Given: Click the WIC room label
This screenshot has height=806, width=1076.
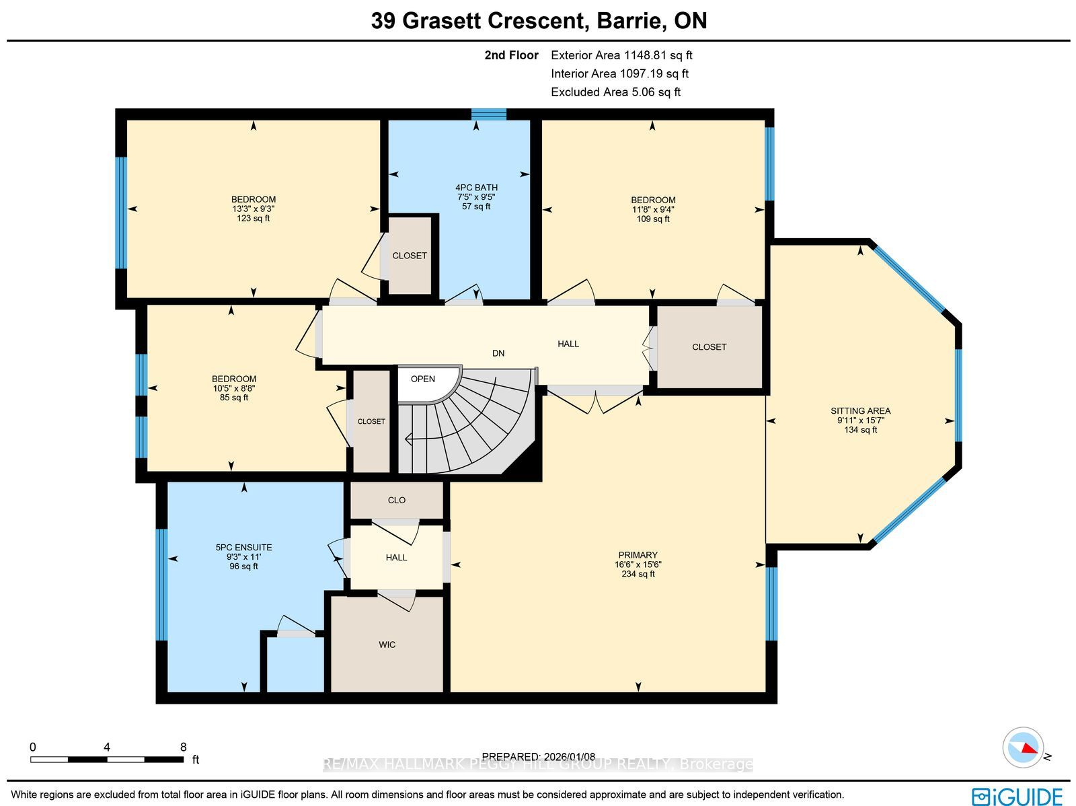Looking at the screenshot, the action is [387, 645].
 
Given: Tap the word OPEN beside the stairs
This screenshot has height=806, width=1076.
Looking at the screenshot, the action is [422, 379].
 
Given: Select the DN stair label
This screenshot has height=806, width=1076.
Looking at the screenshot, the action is [498, 353].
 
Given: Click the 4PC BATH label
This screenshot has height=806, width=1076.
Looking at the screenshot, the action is [476, 187].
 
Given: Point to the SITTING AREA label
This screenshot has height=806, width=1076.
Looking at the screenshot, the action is [860, 411].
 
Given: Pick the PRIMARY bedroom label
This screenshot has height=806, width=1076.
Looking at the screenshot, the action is [638, 555].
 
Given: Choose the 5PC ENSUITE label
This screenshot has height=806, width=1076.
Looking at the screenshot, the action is [243, 547].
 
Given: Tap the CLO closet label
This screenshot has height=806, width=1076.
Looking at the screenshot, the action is [397, 500].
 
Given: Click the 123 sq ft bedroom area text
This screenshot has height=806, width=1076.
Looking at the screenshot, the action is [254, 218].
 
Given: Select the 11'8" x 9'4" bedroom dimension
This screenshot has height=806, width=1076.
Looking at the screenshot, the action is [653, 209].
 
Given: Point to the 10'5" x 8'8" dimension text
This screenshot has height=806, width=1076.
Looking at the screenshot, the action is [234, 388].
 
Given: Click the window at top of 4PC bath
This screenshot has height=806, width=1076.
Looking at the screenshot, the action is [489, 115].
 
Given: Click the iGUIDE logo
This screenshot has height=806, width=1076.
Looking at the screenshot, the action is [1017, 796].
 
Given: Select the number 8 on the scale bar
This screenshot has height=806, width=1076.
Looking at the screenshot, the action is [184, 747].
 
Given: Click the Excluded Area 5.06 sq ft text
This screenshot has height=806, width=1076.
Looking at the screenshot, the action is [616, 92].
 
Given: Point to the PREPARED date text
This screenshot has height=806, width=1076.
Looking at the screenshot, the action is [539, 757].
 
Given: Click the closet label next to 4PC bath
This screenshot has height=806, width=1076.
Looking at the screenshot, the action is [410, 256].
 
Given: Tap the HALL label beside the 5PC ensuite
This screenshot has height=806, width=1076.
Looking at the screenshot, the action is [396, 558].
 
